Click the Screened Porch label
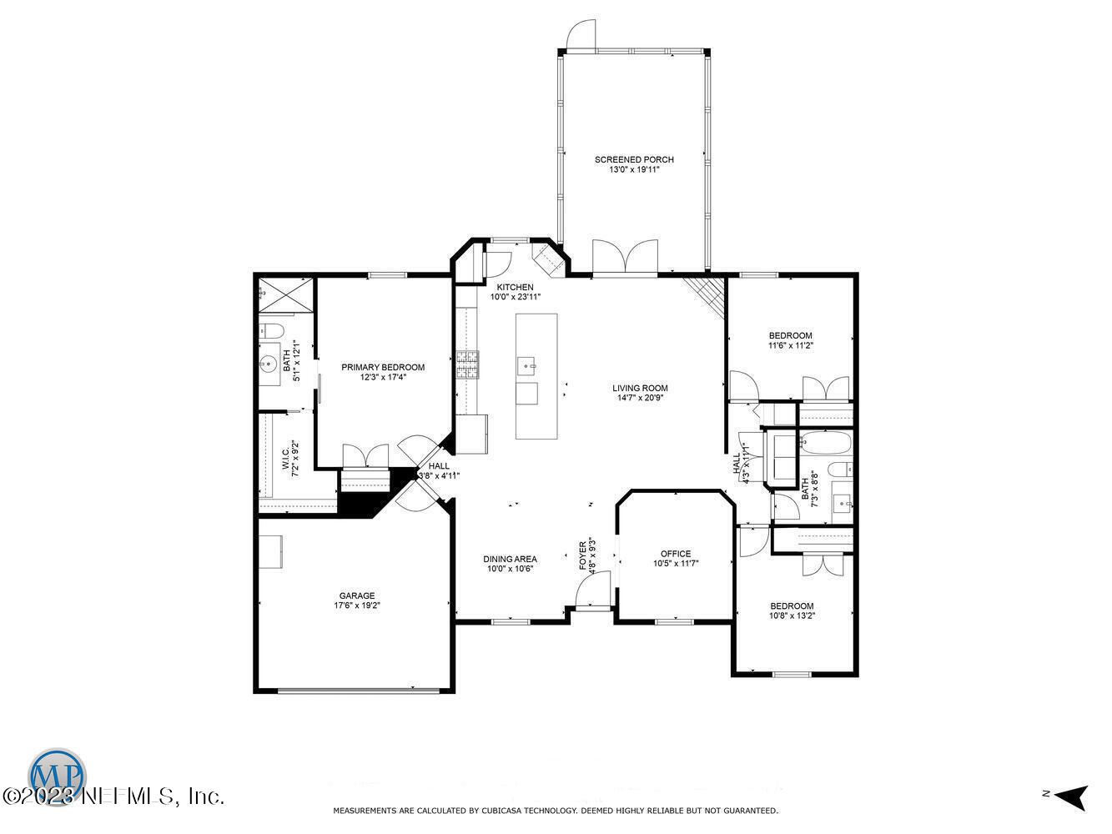[x=634, y=159]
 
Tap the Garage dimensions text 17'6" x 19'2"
[x=357, y=606]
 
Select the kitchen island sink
[x=526, y=364]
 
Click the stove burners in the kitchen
[x=467, y=364]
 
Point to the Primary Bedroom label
[x=383, y=367]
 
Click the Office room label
[x=675, y=554]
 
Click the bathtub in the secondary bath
[x=824, y=442]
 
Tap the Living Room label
[x=640, y=388]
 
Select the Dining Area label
[x=510, y=559]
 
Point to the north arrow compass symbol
[x=1069, y=796]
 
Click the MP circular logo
[x=58, y=773]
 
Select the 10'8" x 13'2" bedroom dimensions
[x=792, y=615]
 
